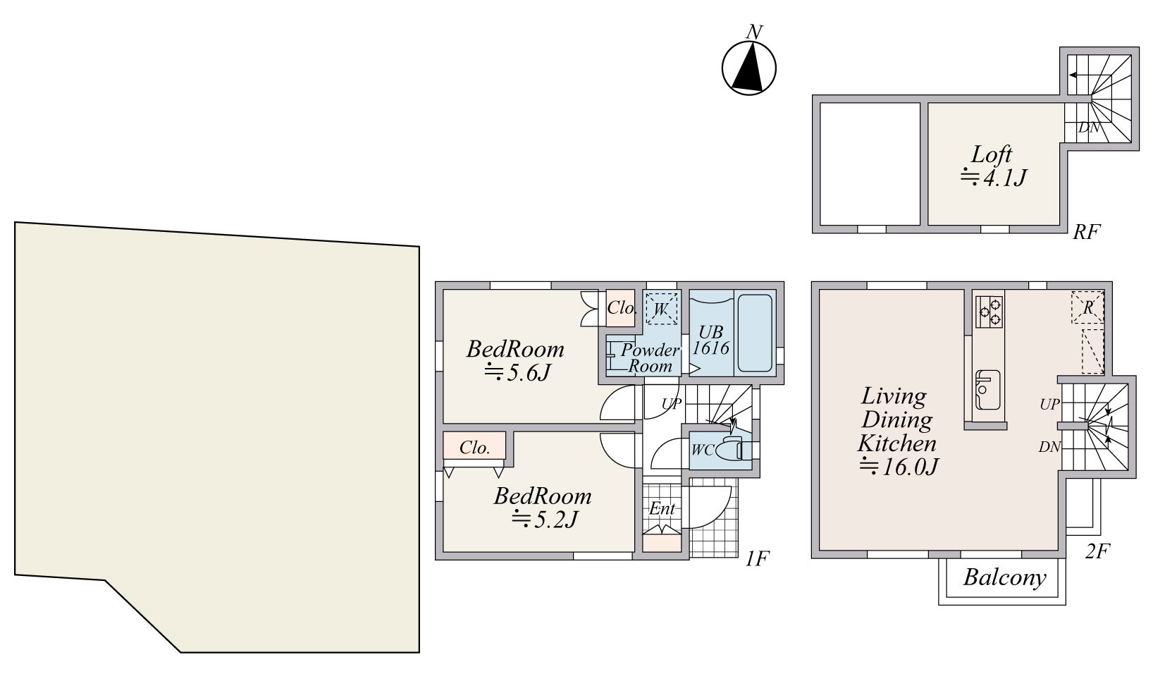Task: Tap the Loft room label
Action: (992, 154)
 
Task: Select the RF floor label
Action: (1086, 232)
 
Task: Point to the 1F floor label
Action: (757, 558)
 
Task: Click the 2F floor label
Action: (1097, 551)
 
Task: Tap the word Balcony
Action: (1005, 577)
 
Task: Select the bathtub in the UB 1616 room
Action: (755, 333)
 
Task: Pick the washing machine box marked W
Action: (662, 309)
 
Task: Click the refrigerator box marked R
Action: (1087, 307)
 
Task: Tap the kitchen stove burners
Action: (989, 312)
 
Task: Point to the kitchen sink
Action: (988, 390)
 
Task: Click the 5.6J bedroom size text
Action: (518, 372)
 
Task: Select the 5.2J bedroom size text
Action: (545, 519)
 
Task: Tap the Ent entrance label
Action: (662, 508)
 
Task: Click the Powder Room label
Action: (650, 357)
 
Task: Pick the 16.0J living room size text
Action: (899, 467)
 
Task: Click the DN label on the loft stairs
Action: (1089, 127)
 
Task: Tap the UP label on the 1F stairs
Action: (672, 404)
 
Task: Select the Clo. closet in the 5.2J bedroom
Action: (474, 446)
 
